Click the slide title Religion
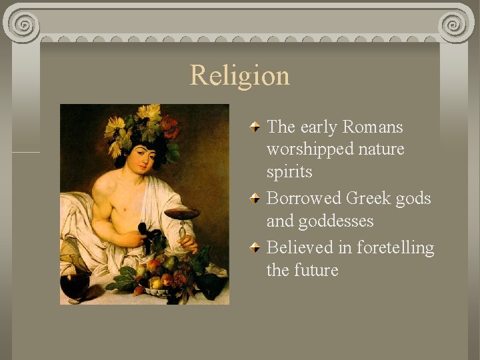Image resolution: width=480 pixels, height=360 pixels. [x=240, y=75]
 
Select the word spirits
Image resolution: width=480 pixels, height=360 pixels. [x=289, y=172]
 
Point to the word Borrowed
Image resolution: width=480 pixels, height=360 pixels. [x=303, y=198]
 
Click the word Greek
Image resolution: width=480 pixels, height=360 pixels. [x=369, y=198]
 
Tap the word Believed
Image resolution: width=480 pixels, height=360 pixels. [x=301, y=247]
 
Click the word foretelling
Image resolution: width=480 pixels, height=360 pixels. [x=395, y=247]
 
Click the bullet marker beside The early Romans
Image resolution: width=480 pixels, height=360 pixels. [x=255, y=127]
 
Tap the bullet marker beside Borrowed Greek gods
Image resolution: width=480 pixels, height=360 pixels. [x=255, y=198]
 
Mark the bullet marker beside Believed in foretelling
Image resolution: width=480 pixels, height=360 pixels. [x=255, y=247]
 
